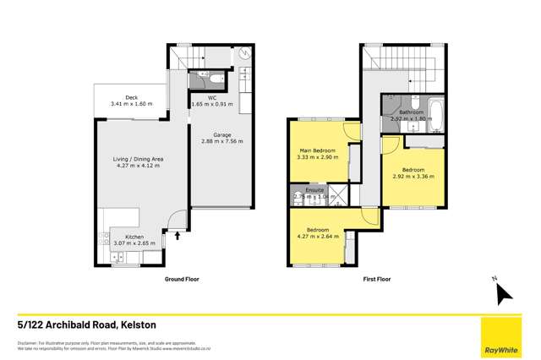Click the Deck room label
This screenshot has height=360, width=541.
[x=131, y=98]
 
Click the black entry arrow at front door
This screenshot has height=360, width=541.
[x=177, y=236]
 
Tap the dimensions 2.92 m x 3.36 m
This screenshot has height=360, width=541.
[x=413, y=177]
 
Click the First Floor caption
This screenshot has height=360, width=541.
[x=377, y=277]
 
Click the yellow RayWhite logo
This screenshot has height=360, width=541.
[x=504, y=336]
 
